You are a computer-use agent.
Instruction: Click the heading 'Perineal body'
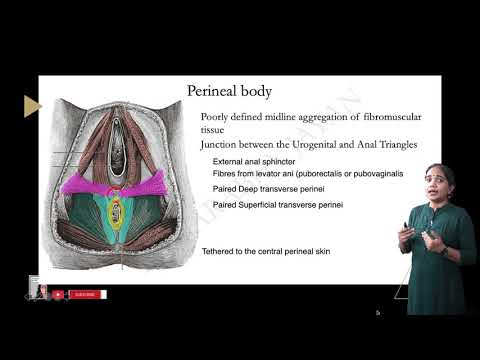[x=230, y=91]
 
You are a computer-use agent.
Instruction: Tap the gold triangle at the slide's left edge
[x=32, y=106]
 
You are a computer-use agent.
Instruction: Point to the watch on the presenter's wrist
[x=416, y=239]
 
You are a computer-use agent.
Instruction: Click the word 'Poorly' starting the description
[x=216, y=118]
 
